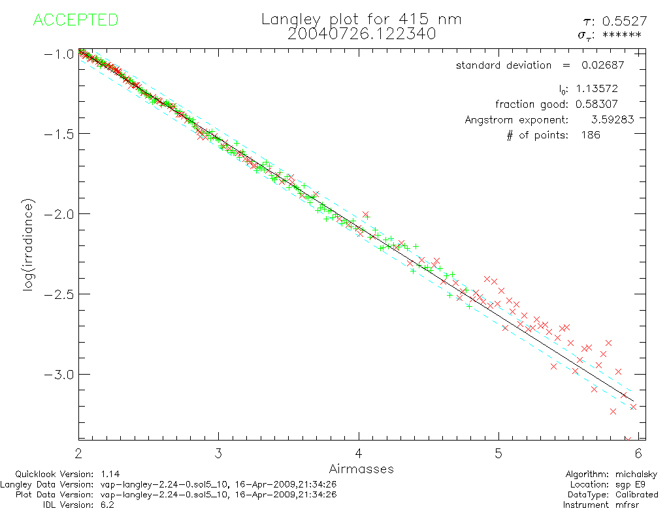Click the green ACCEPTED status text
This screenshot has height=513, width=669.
point(75,20)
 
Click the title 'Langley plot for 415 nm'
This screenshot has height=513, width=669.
point(361,19)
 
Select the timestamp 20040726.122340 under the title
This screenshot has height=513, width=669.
point(361,34)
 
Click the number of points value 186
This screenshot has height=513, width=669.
point(590,135)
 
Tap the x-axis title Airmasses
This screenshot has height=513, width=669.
point(361,469)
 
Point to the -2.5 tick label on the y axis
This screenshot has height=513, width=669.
point(58,294)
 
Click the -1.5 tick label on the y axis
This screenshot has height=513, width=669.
point(58,134)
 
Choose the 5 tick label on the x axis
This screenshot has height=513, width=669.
point(498,453)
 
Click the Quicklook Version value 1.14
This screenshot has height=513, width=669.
point(109,474)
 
